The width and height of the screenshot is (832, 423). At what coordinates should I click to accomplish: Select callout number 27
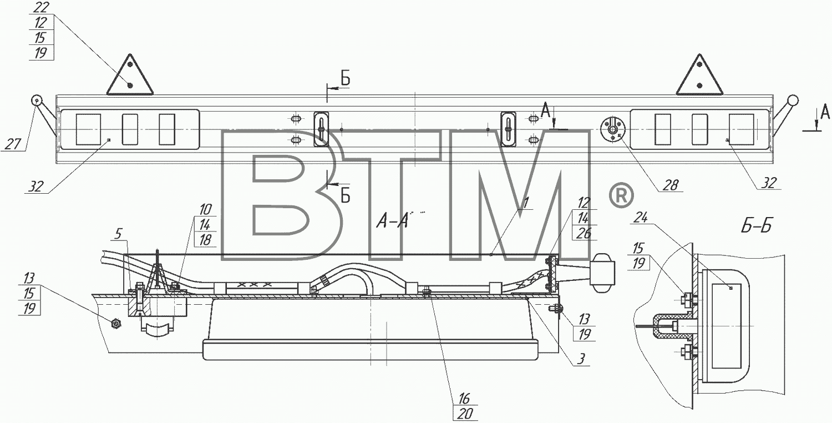tap(12, 144)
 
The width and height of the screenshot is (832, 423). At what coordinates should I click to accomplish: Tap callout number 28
tap(671, 185)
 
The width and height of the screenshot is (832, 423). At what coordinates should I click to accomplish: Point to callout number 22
tap(41, 7)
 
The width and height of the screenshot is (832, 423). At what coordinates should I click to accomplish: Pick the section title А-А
tap(392, 221)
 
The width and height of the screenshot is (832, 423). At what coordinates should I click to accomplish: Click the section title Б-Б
tap(756, 226)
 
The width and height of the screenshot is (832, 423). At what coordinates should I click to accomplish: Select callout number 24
tap(640, 218)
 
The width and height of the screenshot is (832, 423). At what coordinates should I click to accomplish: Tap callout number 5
tap(118, 234)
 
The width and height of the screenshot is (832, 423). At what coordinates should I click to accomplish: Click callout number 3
tap(581, 359)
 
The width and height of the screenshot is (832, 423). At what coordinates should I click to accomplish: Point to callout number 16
tap(464, 399)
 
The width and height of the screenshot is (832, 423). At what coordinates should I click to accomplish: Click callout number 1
tap(525, 203)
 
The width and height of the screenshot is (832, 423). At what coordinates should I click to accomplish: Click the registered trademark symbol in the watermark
tap(621, 195)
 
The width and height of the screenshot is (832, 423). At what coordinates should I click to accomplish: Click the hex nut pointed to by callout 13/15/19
tap(116, 324)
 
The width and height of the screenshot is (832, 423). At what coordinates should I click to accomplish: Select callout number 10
tap(205, 209)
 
